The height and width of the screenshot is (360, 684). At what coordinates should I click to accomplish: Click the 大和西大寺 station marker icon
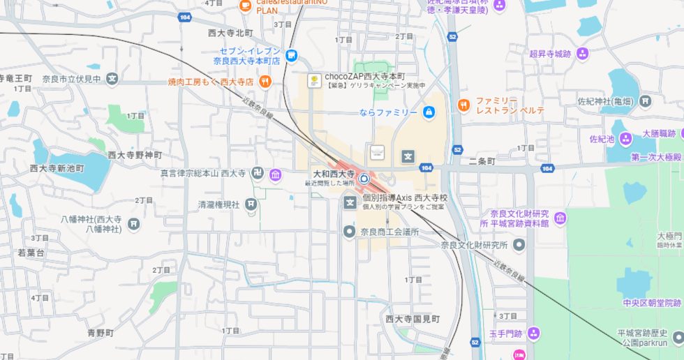click(364, 177)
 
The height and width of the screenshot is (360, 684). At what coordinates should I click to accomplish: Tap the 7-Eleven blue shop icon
click(291, 56)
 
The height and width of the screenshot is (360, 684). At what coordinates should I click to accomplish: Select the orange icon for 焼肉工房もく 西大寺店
click(264, 82)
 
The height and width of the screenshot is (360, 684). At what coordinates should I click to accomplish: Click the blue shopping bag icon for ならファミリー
click(429, 112)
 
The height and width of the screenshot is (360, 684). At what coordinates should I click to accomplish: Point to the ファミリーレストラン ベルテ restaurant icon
click(463, 105)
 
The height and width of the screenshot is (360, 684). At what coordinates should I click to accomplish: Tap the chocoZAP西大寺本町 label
click(365, 76)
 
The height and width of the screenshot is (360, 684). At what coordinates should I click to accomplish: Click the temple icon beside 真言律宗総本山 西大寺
click(275, 174)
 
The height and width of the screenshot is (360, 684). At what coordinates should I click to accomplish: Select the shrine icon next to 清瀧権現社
click(251, 204)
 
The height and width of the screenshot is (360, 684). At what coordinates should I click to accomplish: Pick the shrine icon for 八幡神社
click(134, 224)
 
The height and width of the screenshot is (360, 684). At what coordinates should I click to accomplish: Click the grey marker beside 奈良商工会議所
click(349, 232)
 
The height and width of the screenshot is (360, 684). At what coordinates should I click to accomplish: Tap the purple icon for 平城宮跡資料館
click(560, 218)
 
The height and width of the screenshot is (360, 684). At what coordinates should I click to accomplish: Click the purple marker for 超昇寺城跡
click(582, 53)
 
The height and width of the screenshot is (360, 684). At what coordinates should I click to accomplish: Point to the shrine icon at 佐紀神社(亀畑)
click(646, 102)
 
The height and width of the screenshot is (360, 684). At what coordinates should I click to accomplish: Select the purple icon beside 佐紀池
click(625, 139)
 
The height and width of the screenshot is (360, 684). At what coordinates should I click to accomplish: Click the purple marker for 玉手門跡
click(534, 333)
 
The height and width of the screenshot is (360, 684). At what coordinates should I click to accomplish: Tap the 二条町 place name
click(482, 160)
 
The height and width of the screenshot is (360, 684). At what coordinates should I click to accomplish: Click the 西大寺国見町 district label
click(412, 319)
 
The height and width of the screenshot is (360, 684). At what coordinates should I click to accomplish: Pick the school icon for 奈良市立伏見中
click(112, 79)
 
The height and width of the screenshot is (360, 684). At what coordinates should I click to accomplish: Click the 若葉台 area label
click(31, 253)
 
